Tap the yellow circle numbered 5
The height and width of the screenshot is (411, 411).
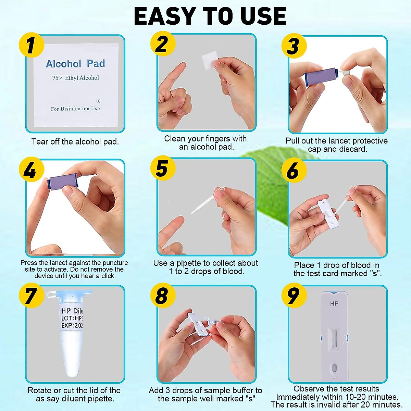tap(162, 169)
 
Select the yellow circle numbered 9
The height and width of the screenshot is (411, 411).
tap(293, 295)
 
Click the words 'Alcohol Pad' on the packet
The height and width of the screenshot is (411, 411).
tap(75, 64)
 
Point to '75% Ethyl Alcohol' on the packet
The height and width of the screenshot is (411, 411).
tap(75, 78)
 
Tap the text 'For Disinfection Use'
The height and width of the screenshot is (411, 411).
tap(75, 109)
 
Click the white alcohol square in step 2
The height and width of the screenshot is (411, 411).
tap(210, 61)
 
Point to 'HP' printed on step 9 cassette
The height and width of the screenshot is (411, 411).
tap(334, 304)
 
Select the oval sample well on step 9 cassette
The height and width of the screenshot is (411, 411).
tap(334, 369)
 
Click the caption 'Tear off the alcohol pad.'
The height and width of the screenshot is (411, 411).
tap(75, 142)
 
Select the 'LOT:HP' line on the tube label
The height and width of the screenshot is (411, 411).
tap(72, 318)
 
